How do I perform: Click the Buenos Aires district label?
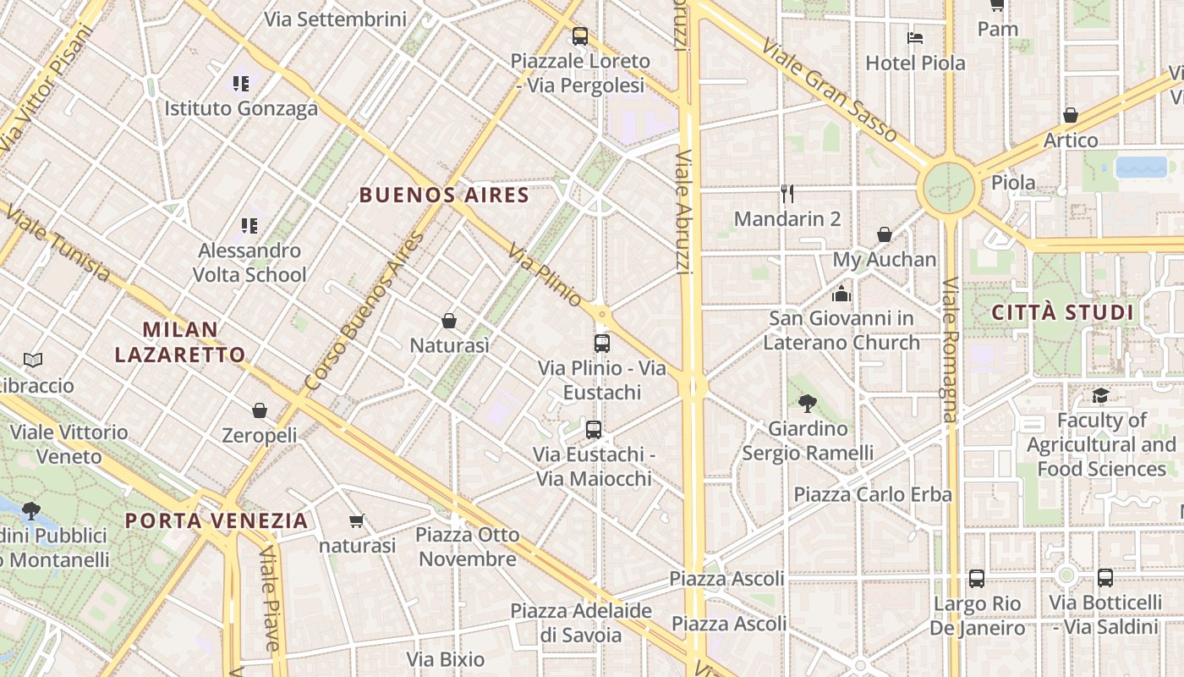(444, 195)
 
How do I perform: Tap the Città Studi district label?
(1062, 312)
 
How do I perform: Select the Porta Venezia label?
(217, 520)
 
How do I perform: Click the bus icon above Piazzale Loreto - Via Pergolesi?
(579, 36)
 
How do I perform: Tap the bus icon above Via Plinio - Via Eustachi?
(602, 343)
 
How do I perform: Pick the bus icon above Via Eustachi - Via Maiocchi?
(594, 429)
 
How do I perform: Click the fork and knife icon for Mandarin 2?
(787, 194)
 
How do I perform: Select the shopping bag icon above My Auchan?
(885, 234)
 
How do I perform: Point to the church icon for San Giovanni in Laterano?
(841, 294)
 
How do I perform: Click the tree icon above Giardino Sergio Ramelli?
(808, 404)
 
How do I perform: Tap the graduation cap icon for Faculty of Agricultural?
(1100, 395)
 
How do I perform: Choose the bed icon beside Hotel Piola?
(914, 38)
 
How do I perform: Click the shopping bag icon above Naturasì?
(449, 321)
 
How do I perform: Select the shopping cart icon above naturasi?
(357, 521)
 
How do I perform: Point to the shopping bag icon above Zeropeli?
(260, 410)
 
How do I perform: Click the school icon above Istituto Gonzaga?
(241, 83)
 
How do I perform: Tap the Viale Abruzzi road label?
(684, 212)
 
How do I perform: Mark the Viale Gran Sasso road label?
(829, 89)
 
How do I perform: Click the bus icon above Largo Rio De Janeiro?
(977, 579)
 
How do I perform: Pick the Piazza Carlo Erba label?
(873, 494)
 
